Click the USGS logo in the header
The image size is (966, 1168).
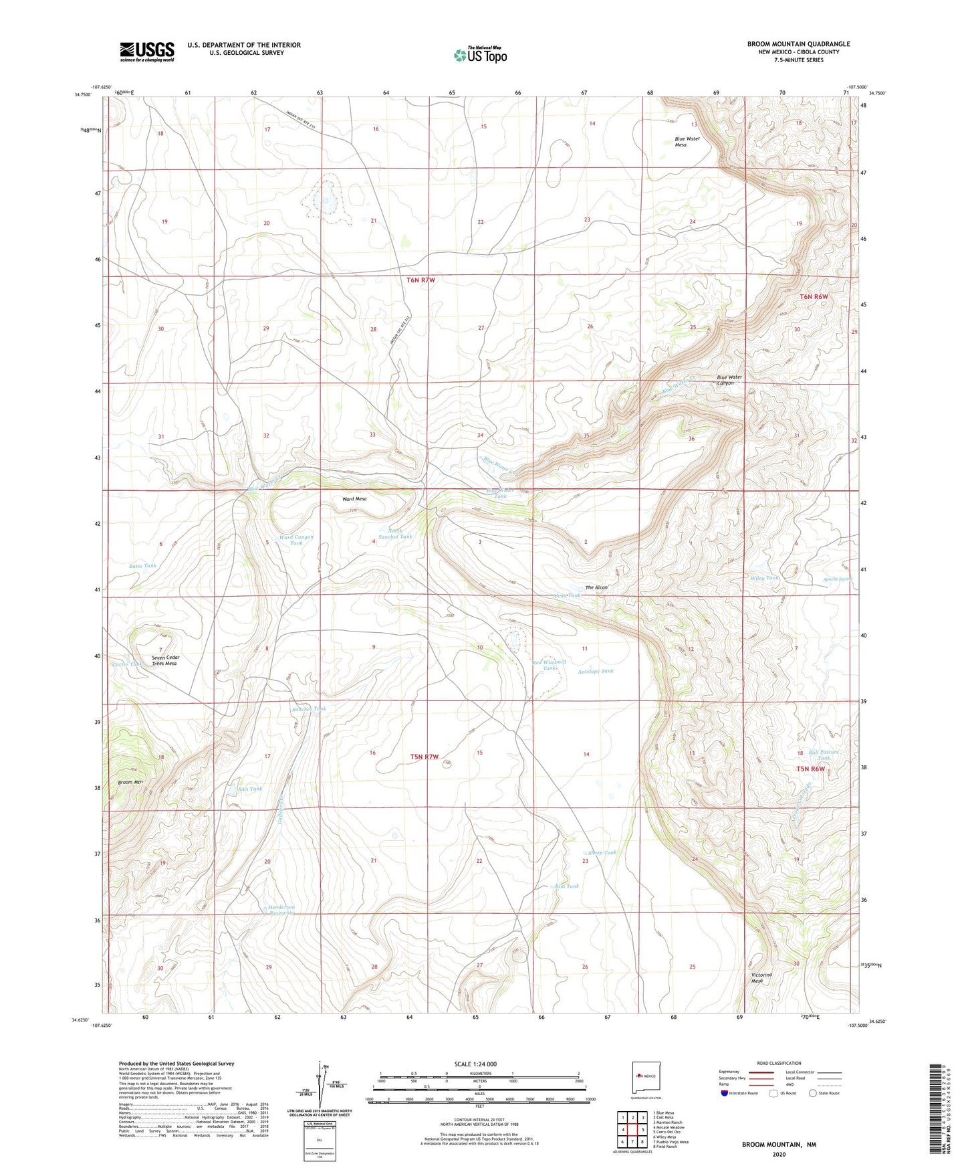(146, 52)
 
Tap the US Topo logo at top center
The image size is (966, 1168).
(479, 55)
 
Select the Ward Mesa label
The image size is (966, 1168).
(354, 499)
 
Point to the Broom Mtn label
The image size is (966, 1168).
(131, 782)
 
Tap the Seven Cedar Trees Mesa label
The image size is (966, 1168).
(165, 660)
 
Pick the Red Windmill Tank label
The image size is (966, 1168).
(550, 665)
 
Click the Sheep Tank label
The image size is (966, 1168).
(602, 853)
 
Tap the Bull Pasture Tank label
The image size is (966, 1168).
(823, 755)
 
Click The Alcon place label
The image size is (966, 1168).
(596, 587)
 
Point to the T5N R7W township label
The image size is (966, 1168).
(425, 757)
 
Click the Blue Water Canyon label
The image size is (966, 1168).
(729, 380)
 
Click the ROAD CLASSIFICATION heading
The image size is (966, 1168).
(779, 1063)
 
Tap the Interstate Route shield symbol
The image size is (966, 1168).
(725, 1093)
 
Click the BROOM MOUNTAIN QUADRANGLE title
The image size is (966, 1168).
(798, 44)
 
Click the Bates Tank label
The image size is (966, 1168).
(142, 566)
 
